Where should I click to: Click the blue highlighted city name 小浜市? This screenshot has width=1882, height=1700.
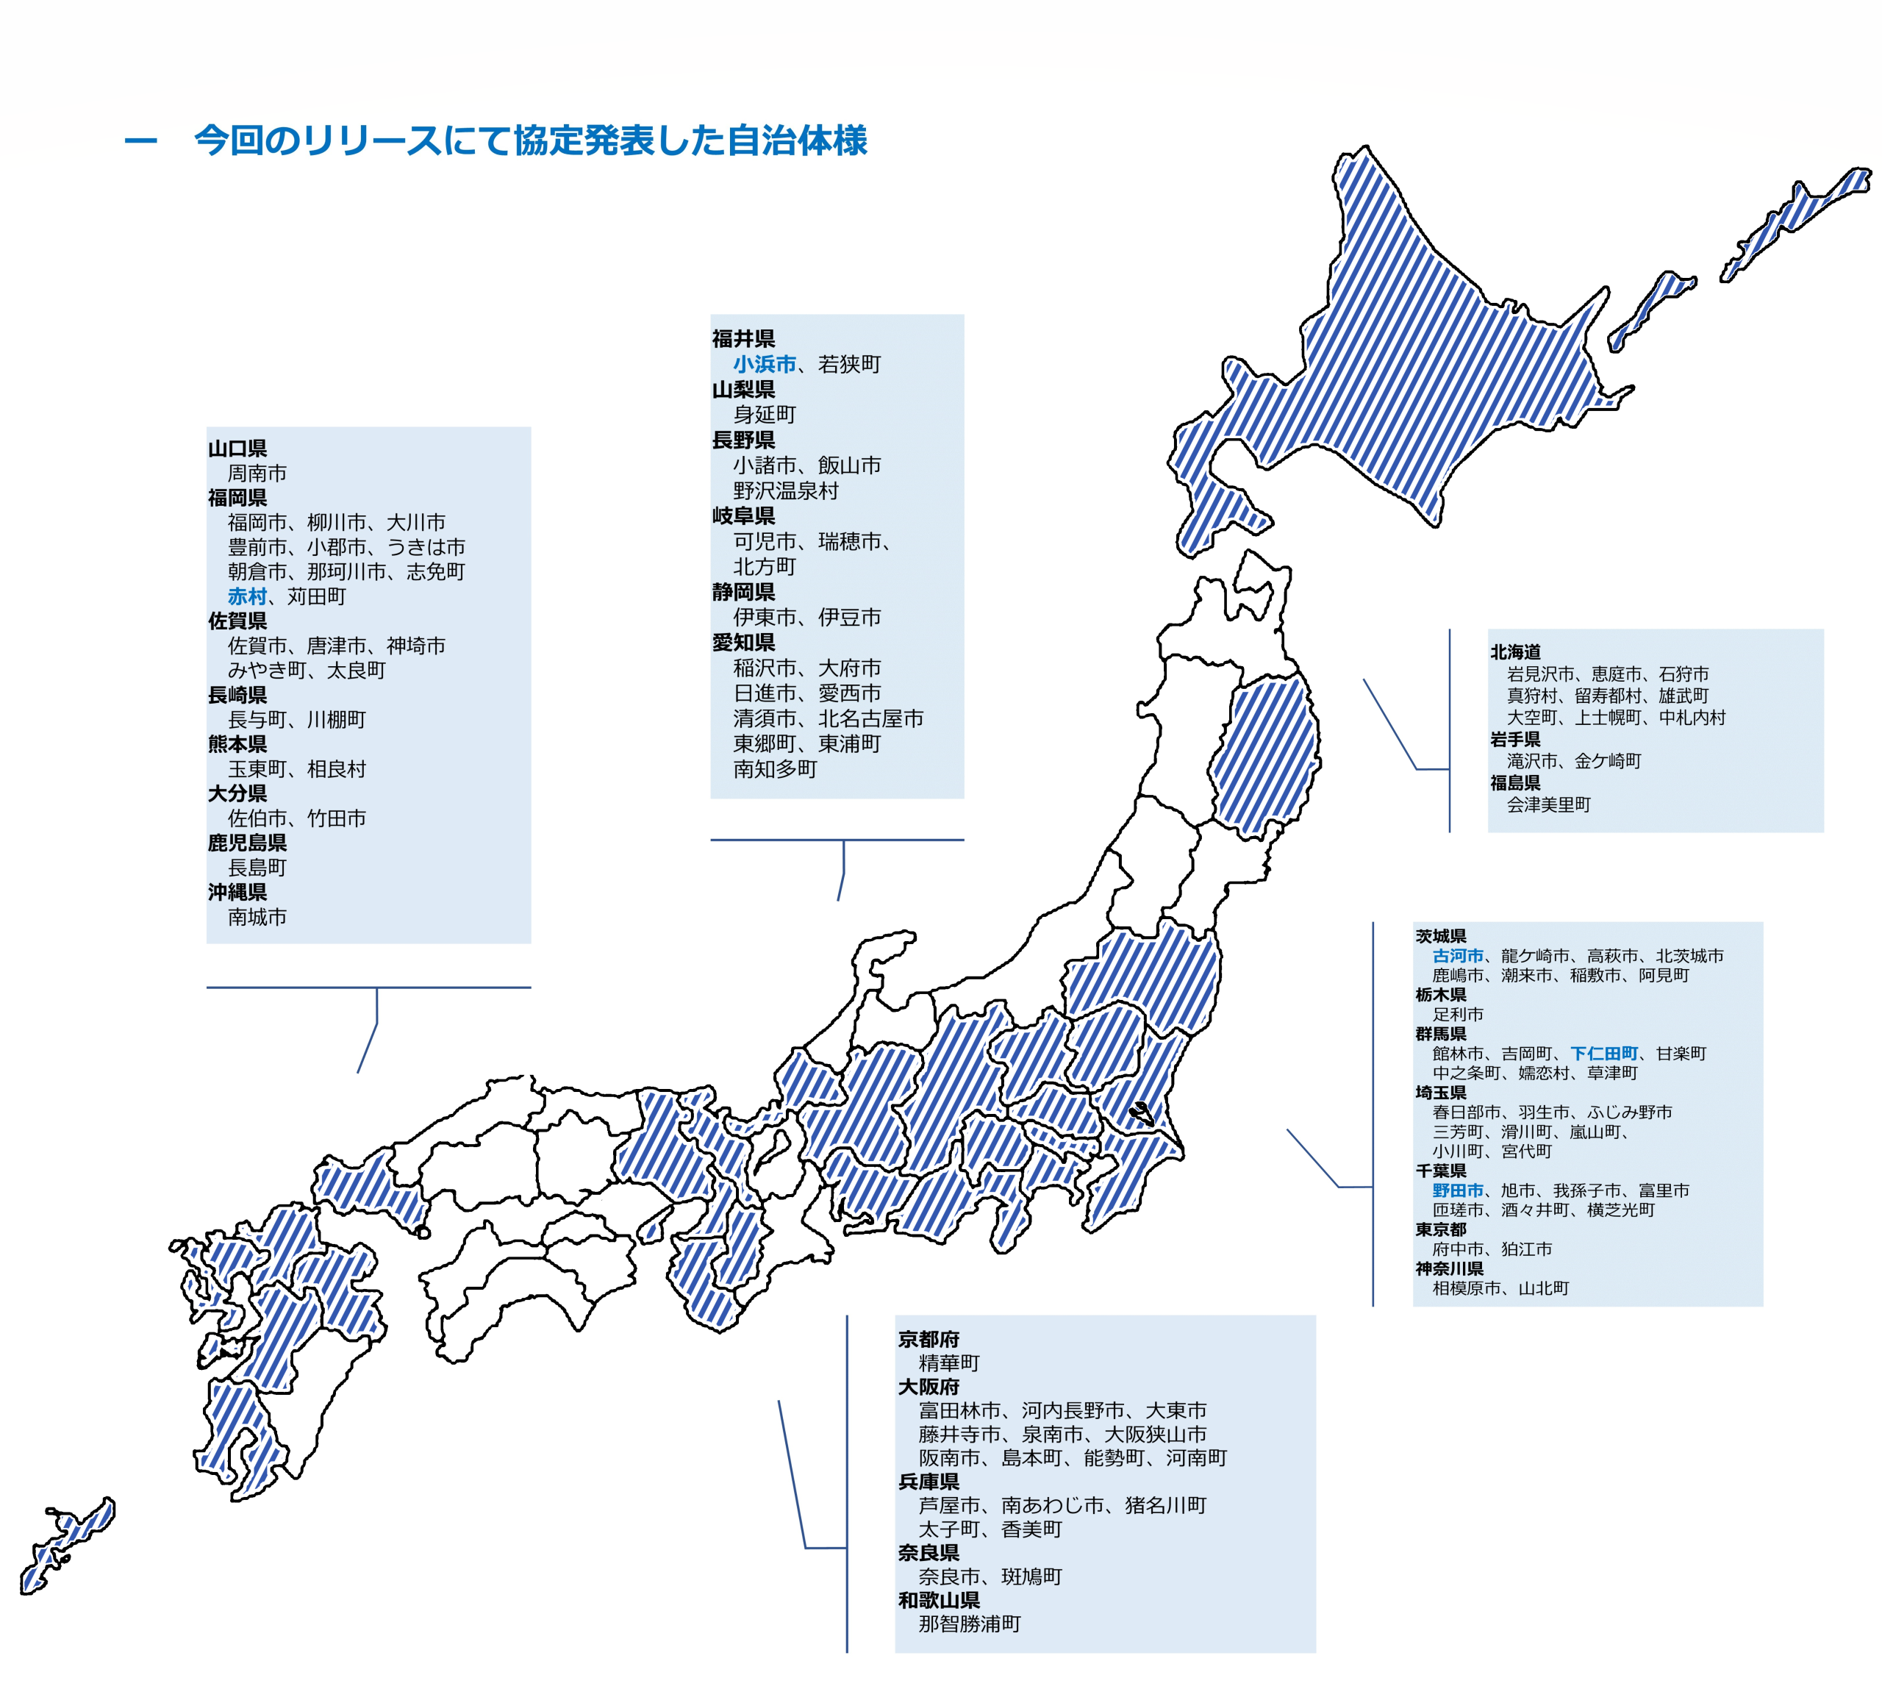point(764,364)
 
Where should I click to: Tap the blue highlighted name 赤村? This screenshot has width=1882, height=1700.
point(248,596)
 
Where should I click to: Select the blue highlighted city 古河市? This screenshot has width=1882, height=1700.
point(1457,956)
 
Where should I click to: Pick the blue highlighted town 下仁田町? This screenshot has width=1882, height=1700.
point(1604,1054)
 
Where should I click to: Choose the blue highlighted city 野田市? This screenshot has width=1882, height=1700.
point(1457,1190)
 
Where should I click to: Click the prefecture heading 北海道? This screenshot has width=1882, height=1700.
point(1515,651)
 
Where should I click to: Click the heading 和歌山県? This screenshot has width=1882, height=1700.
point(938,1600)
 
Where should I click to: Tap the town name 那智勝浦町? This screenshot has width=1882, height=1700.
point(969,1624)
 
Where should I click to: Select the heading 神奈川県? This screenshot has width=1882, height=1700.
point(1449,1268)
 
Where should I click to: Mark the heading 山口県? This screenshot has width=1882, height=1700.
point(237,448)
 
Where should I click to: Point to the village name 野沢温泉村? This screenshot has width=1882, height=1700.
point(785,491)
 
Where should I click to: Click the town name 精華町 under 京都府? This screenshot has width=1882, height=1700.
point(948,1363)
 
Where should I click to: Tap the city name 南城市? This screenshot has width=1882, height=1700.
point(257,918)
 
